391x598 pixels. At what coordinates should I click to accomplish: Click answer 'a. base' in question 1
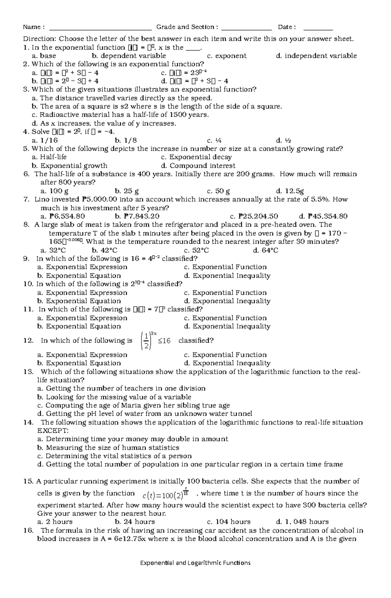[x=44, y=56]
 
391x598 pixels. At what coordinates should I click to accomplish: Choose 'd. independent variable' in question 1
[x=316, y=56]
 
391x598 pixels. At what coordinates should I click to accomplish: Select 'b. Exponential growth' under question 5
[x=70, y=166]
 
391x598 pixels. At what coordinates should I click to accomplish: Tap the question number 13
[x=29, y=372]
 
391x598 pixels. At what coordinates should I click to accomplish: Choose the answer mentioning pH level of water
[x=145, y=414]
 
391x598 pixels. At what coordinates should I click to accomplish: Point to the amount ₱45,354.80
[x=323, y=216]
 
